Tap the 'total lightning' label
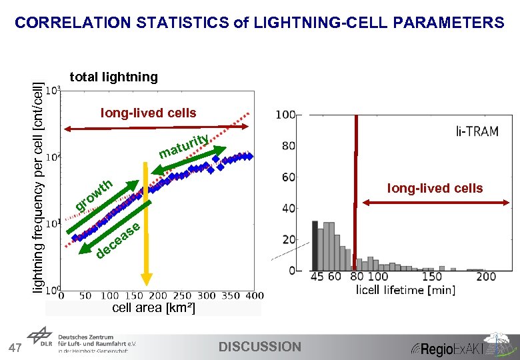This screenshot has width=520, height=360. [x=114, y=77]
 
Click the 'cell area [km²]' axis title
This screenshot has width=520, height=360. [x=153, y=307]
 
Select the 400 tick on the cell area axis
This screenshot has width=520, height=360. [x=254, y=295]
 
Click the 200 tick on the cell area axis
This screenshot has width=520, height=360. [x=158, y=295]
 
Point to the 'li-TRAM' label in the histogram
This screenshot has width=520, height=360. [x=477, y=131]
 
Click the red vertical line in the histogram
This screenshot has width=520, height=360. [x=356, y=193]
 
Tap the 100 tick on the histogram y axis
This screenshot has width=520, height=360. [x=285, y=115]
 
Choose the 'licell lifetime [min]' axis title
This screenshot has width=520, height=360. [x=396, y=290]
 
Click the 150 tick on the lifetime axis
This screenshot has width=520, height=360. [x=431, y=277]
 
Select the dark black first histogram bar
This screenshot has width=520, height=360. [x=315, y=246]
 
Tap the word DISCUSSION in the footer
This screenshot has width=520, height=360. [x=260, y=347]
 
